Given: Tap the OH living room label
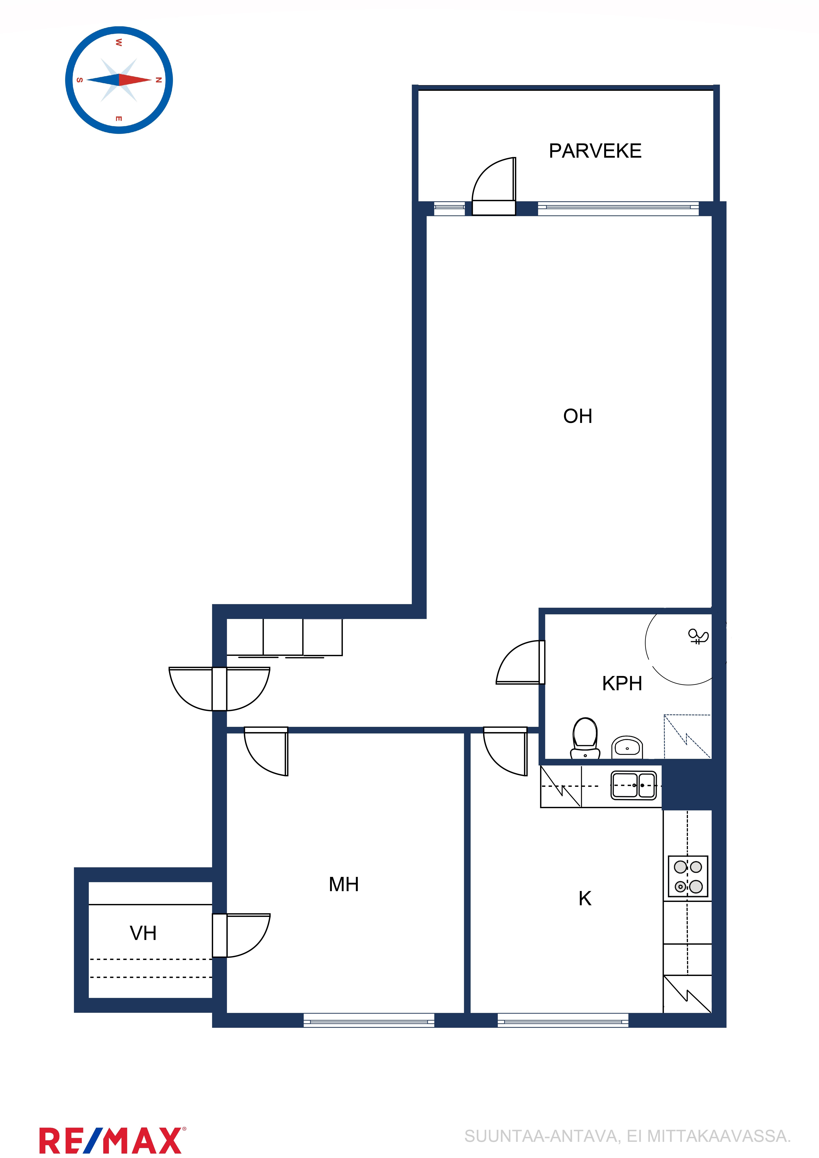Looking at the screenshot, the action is click(x=578, y=416).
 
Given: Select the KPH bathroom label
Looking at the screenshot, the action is click(x=622, y=683).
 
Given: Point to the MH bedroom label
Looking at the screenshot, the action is click(x=344, y=884).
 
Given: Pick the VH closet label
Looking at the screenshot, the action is click(x=143, y=933).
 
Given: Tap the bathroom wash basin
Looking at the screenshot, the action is click(x=627, y=747).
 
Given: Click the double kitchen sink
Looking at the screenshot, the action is click(x=634, y=785).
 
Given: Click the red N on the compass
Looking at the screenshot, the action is click(x=159, y=80).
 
